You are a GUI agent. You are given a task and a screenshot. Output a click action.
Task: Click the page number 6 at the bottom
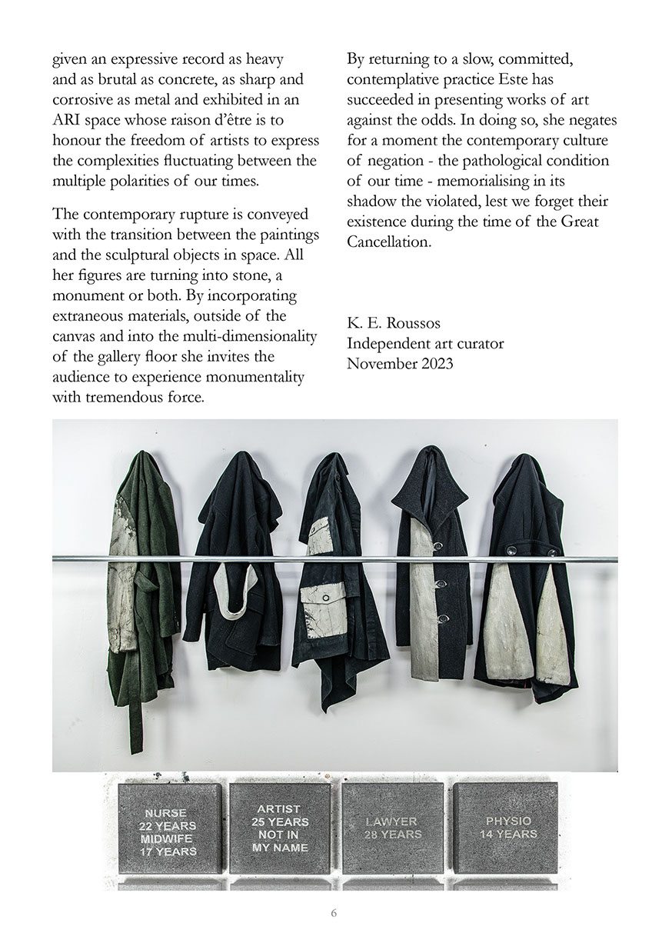coord(334,913)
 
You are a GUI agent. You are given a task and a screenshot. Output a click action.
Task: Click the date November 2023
coord(400,363)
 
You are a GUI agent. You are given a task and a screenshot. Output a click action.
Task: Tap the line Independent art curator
coord(425,344)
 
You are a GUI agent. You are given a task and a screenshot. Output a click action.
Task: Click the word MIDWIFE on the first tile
coord(168,838)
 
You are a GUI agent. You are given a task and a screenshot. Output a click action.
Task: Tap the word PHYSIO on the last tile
coord(508,821)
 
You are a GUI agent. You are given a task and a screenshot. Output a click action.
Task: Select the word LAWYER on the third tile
coord(392,822)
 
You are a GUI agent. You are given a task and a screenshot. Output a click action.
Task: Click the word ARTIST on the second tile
coord(278,809)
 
